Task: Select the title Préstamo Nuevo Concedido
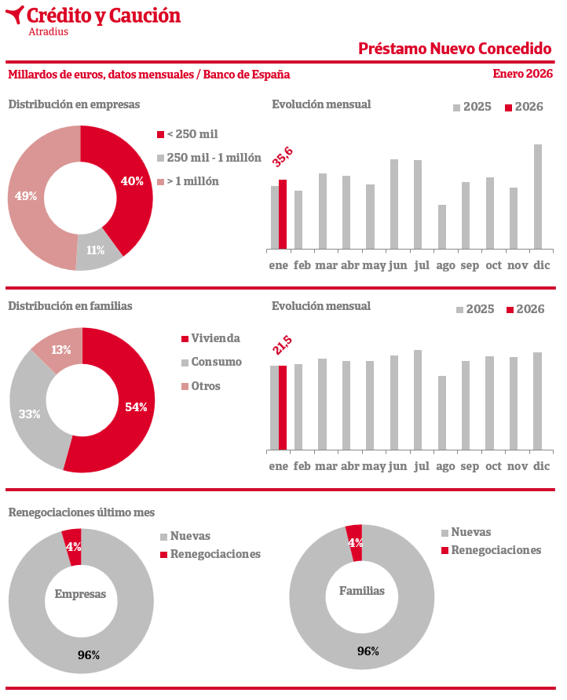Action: (x=455, y=49)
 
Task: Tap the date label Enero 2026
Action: (x=522, y=74)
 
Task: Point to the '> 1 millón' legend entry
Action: (x=188, y=181)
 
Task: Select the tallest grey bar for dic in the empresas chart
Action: (x=538, y=196)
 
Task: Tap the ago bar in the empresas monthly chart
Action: (x=442, y=227)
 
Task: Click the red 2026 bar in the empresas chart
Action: (x=283, y=214)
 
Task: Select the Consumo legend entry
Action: (x=211, y=363)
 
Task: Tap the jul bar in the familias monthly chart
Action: (x=418, y=399)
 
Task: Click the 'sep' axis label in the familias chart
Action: (x=470, y=466)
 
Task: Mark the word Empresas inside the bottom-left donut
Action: (x=80, y=594)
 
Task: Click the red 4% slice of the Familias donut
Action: (x=355, y=542)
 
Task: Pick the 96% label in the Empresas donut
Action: (x=88, y=655)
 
